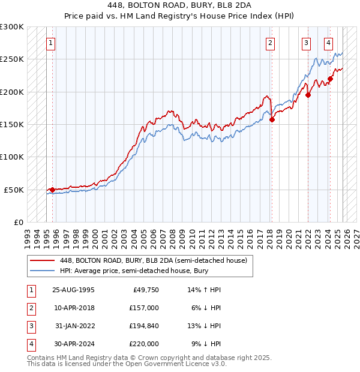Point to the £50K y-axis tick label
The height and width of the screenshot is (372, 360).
tap(14, 190)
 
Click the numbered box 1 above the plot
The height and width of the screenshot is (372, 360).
tap(52, 43)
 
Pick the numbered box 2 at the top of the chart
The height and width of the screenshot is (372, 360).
tap(271, 43)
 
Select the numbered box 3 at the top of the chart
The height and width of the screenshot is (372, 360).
tap(307, 43)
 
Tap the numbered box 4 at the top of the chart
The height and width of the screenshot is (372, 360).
tap(329, 43)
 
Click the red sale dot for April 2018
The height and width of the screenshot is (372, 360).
tap(272, 119)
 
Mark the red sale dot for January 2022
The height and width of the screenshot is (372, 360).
tap(308, 95)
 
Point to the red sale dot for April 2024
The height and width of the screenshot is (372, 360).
tap(330, 79)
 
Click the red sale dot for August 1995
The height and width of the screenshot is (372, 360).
tap(52, 190)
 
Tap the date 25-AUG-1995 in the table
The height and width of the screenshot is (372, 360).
tap(73, 290)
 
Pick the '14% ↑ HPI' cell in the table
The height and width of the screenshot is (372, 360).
tap(205, 290)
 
